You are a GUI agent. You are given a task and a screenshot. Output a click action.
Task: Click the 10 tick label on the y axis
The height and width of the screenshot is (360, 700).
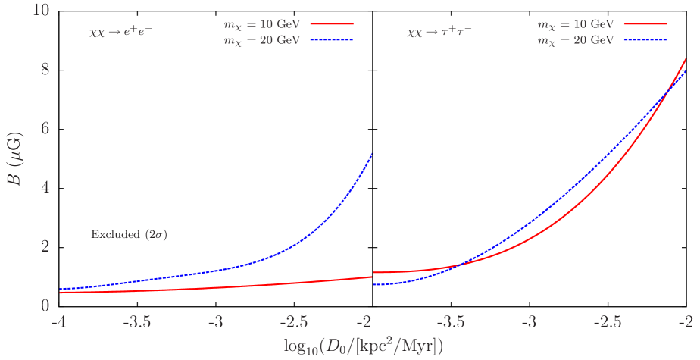[x=39, y=11]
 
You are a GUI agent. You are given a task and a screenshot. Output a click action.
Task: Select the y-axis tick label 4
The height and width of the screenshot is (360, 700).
[x=45, y=187]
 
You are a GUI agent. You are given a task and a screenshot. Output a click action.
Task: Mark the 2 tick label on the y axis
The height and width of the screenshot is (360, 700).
[x=45, y=246]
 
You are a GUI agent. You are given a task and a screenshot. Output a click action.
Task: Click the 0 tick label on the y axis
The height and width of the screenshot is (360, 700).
[x=45, y=305]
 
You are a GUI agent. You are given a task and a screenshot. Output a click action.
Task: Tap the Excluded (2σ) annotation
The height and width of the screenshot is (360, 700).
[x=129, y=235]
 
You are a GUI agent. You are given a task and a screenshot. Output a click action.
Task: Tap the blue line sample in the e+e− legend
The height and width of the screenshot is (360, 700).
[x=333, y=39]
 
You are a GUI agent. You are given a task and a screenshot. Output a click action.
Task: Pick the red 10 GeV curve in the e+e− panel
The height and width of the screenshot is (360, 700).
[x=227, y=286]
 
